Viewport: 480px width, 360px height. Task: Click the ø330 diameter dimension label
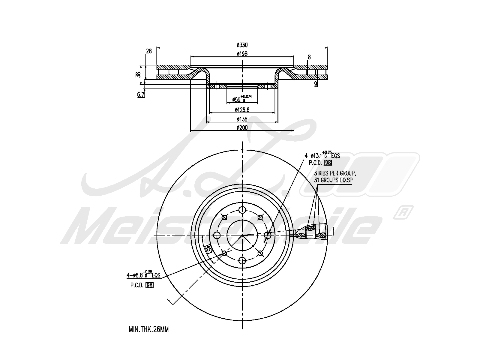click(x=242, y=45)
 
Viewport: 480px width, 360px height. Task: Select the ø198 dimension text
click(x=242, y=54)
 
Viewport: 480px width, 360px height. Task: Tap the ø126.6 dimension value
click(x=242, y=110)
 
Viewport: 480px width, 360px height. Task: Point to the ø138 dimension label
click(x=242, y=119)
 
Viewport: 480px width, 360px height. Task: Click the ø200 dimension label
click(x=242, y=128)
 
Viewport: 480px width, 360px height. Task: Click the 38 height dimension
click(x=138, y=75)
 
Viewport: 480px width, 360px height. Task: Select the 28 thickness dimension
click(x=149, y=51)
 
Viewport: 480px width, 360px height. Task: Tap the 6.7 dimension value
click(x=141, y=95)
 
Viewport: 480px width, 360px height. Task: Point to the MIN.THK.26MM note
click(x=149, y=329)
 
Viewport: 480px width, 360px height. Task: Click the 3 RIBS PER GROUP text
click(x=334, y=173)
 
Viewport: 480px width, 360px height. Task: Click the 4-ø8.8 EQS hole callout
click(x=143, y=274)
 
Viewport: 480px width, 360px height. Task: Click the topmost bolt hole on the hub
click(x=242, y=210)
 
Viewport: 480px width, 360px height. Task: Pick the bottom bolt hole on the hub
click(x=242, y=260)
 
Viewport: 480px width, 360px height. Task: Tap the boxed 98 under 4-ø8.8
click(x=149, y=285)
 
